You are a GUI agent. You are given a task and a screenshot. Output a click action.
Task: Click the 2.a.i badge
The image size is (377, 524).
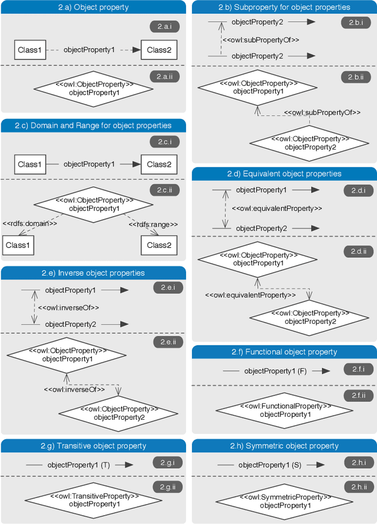[x=164, y=27]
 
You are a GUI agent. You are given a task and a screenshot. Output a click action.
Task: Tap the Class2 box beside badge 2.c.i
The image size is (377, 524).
[x=158, y=164]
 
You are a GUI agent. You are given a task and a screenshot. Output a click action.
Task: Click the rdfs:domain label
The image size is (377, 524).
[x=30, y=224]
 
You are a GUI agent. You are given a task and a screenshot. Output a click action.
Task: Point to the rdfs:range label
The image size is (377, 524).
[x=154, y=224]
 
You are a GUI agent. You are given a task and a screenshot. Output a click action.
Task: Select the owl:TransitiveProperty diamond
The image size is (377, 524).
[x=94, y=500]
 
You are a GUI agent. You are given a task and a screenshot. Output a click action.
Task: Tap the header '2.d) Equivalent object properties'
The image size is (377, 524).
[x=284, y=174]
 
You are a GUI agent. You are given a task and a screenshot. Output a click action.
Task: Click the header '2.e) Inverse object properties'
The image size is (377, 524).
[x=93, y=273]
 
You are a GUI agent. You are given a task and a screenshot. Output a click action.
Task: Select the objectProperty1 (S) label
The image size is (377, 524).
[x=270, y=465]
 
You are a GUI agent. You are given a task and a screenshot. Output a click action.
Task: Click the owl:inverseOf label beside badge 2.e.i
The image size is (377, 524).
[x=68, y=307]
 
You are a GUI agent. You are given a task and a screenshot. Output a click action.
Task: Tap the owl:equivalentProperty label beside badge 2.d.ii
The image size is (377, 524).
[x=250, y=294]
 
